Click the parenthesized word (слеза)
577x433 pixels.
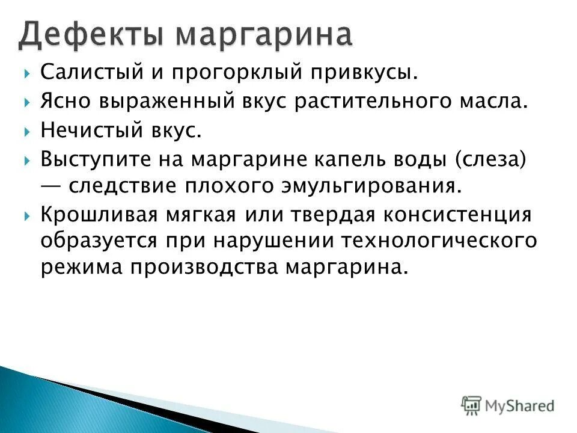coord(491,159)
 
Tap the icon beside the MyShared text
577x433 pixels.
coord(472,405)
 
